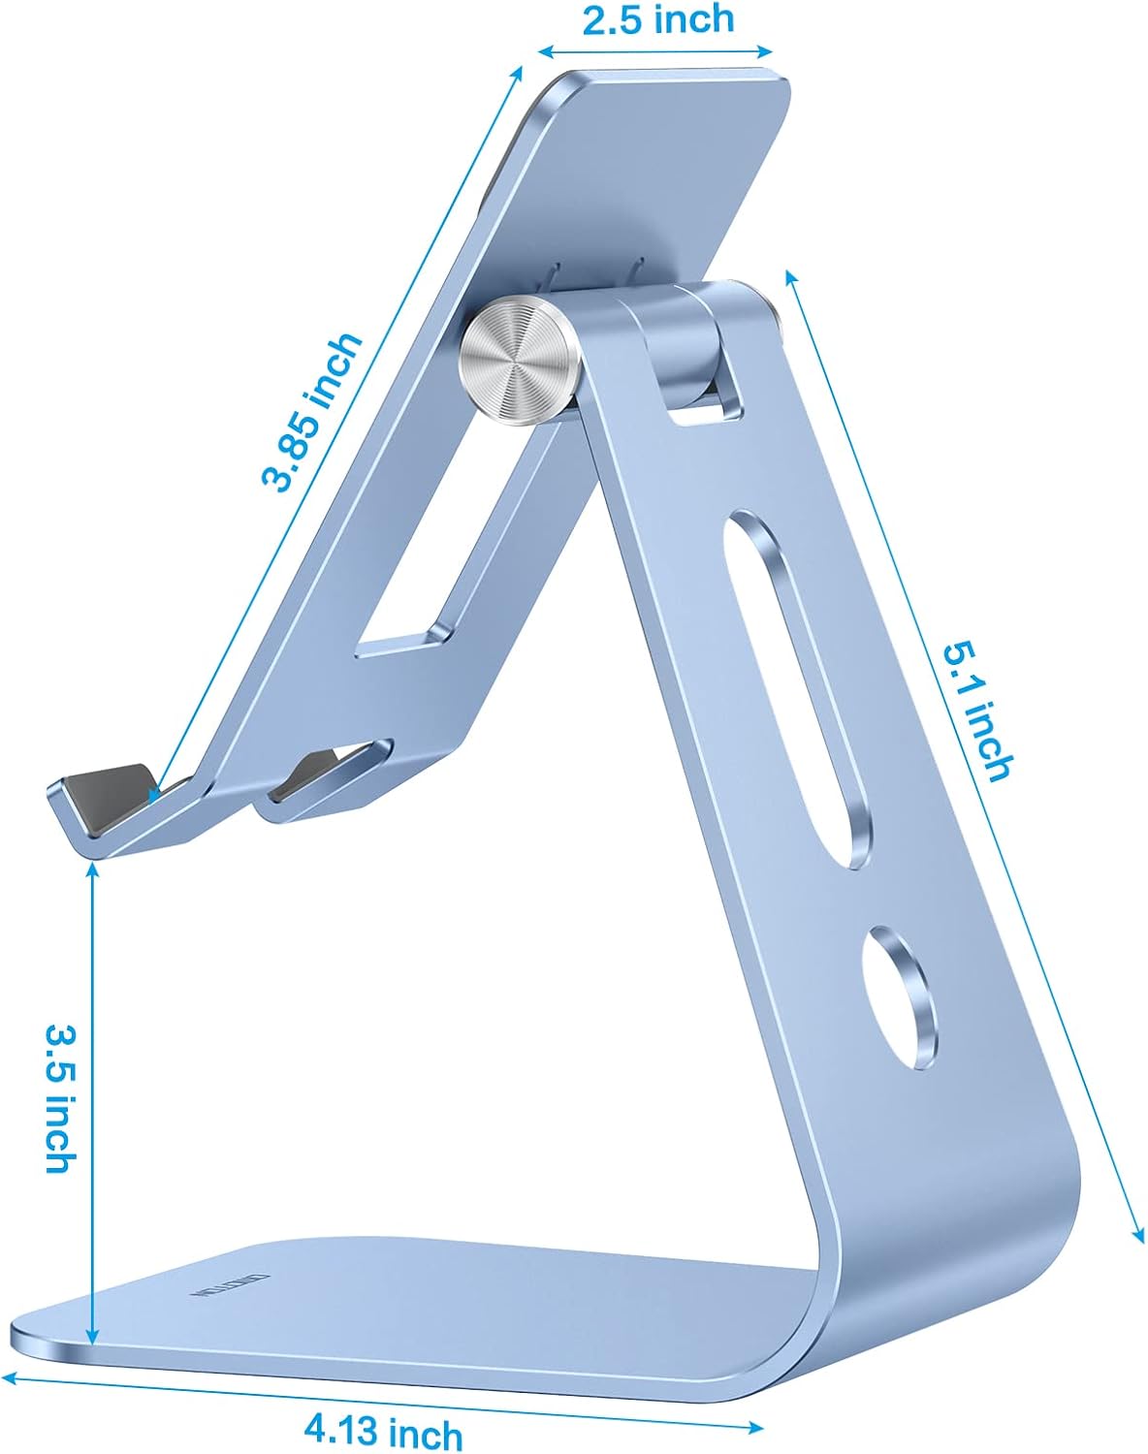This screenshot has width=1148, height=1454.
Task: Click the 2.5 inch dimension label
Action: [x=658, y=19]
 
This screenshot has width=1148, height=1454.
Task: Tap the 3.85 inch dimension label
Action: [x=312, y=412]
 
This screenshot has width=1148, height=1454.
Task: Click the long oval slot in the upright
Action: [x=797, y=688]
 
